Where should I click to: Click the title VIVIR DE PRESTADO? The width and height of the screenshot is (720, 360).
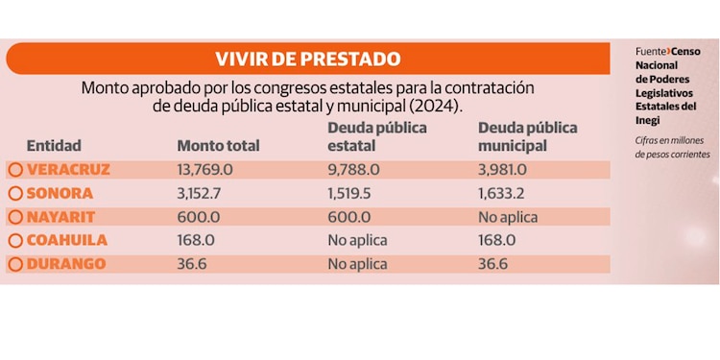307,59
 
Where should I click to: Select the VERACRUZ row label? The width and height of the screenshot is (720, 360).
68,170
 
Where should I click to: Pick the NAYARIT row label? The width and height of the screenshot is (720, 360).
62,217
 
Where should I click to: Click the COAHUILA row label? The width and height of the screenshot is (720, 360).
67,240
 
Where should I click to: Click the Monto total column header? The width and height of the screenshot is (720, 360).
218,146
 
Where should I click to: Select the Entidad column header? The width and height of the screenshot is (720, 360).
54,146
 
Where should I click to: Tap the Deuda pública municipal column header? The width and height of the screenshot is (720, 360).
527,136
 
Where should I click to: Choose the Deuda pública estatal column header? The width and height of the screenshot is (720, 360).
377,136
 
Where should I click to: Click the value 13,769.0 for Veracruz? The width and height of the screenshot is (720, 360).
205,170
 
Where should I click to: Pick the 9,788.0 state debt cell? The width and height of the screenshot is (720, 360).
354,170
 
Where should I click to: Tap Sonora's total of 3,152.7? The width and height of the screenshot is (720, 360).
201,193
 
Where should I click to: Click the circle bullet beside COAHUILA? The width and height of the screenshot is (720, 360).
15,241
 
